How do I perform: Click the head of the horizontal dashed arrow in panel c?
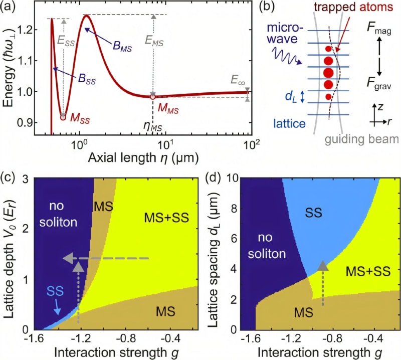(x=70, y=258)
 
